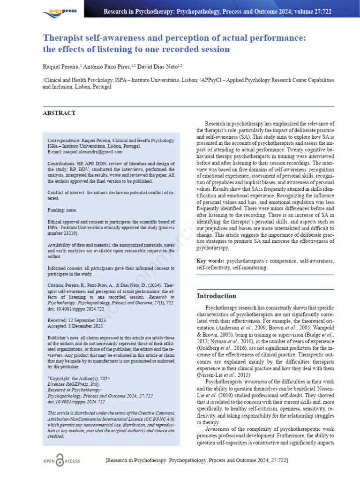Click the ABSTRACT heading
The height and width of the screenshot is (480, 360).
pyautogui.click(x=59, y=113)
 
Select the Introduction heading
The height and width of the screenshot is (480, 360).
pyautogui.click(x=216, y=296)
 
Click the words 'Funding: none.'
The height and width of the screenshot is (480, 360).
pyautogui.click(x=62, y=210)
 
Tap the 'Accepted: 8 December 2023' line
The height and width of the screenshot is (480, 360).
pyautogui.click(x=76, y=326)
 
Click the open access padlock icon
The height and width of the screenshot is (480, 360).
pyautogui.click(x=60, y=461)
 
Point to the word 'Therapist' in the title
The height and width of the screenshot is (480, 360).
pyautogui.click(x=62, y=37)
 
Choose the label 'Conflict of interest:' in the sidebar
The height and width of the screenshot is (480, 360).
pyautogui.click(x=71, y=192)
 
